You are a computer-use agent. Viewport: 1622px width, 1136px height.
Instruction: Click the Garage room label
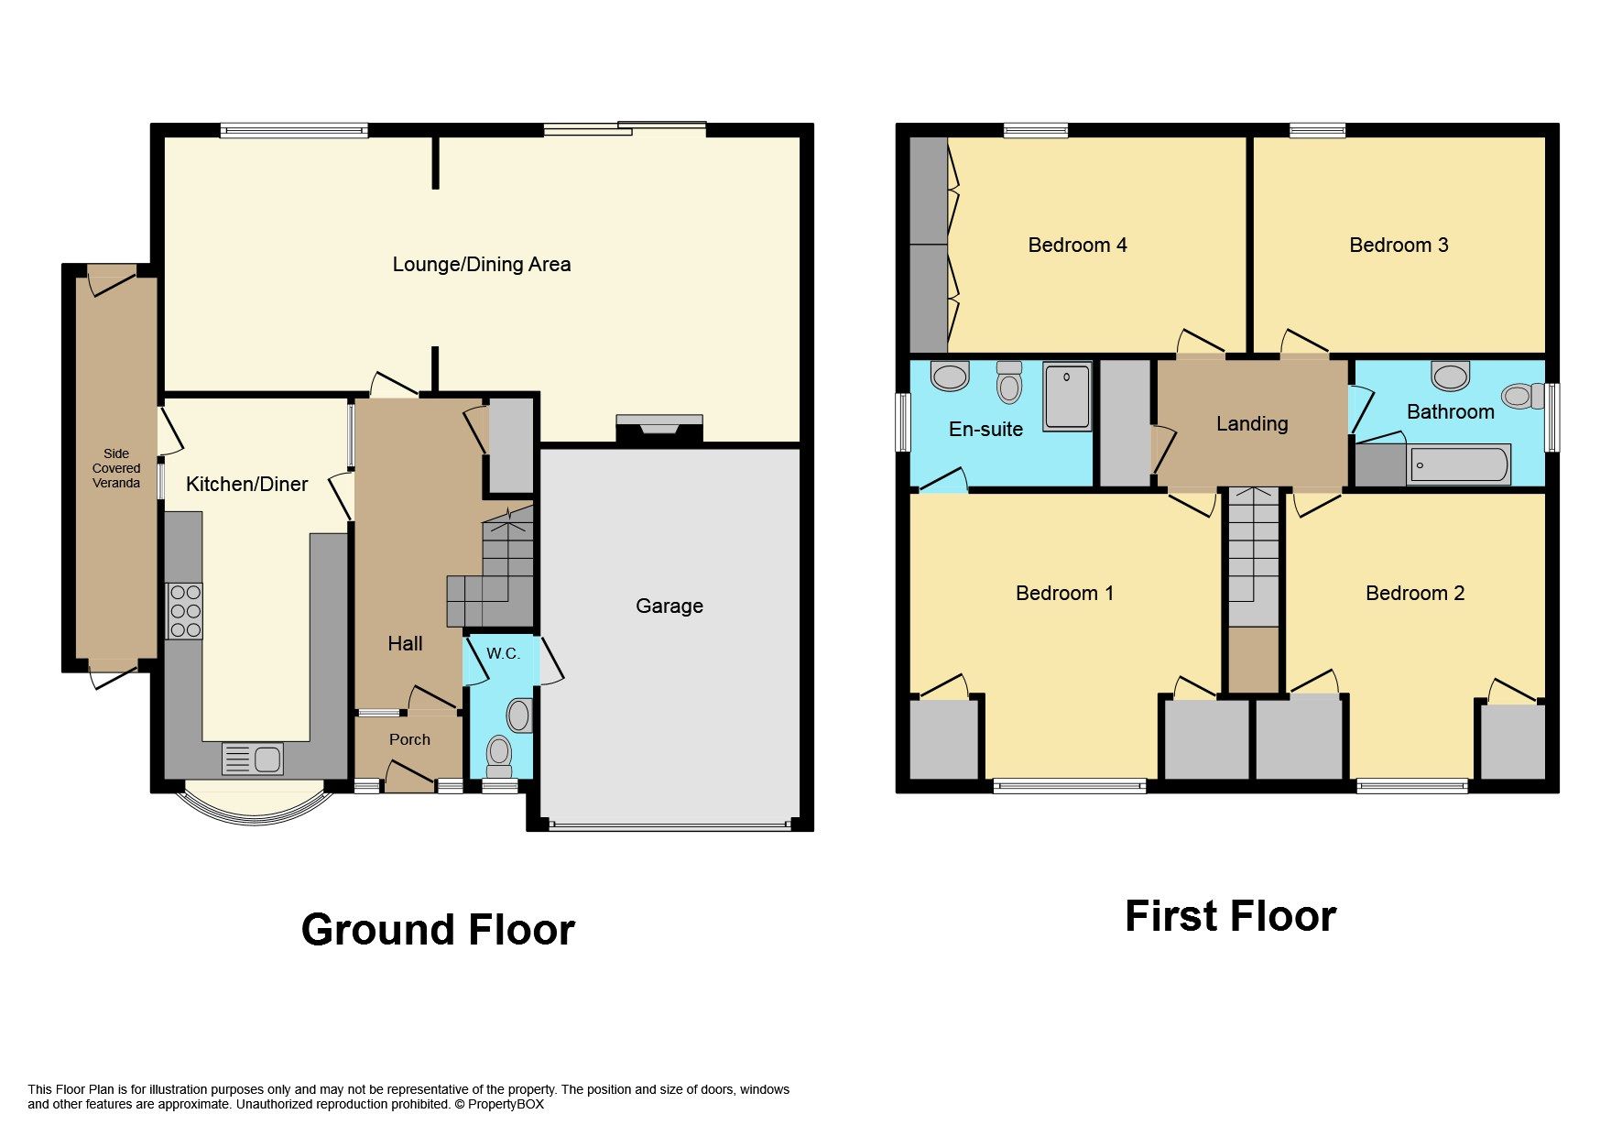point(669,606)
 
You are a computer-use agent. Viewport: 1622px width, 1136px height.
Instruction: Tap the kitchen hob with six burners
point(185,611)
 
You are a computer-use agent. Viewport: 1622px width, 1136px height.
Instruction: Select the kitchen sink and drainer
point(253,759)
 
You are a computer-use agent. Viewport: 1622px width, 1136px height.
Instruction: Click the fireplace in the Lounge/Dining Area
point(659,428)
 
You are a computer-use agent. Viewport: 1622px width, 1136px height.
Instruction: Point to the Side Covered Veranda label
point(116,468)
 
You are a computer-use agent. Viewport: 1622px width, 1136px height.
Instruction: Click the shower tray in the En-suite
point(1067,396)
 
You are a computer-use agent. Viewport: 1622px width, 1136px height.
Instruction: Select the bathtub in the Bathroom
point(1458,464)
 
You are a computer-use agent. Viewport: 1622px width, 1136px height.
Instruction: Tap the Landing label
point(1251,423)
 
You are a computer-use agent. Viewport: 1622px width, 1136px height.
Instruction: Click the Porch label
point(409,739)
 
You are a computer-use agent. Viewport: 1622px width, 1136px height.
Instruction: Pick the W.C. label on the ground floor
point(503,653)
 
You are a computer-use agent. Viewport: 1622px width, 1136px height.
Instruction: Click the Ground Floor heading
point(438,930)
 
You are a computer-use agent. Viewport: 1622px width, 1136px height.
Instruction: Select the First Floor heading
point(1230,916)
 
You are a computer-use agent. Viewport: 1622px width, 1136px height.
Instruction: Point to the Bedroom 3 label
point(1399,245)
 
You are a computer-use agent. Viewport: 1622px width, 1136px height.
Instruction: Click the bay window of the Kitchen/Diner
point(256,810)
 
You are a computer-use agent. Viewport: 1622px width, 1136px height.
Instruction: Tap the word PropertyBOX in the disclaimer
point(506,1104)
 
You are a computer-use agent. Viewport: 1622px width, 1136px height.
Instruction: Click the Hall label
point(405,643)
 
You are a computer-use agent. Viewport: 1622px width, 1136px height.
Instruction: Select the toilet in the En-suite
point(1008,383)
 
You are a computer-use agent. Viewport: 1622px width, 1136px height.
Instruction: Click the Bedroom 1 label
point(1064,593)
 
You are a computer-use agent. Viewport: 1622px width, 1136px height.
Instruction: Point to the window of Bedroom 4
point(1035,130)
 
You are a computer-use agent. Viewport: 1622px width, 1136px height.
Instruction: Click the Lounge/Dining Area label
point(482,265)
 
